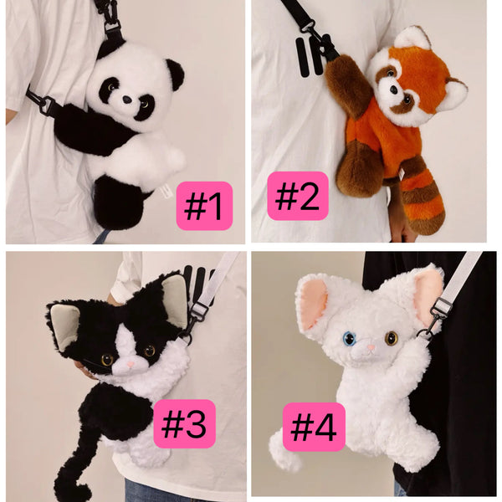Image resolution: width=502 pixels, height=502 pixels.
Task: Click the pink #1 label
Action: point(204,206)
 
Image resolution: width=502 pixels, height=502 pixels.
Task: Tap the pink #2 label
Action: point(298,196)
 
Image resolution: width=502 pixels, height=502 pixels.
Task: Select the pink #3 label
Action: point(184,423)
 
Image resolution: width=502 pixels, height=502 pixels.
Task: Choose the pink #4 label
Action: point(314,427)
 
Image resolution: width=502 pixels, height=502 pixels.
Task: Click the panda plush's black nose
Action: point(127,100)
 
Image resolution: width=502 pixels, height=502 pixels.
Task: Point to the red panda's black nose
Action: point(393,90)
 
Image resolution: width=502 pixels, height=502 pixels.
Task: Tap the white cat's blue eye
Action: point(348,339)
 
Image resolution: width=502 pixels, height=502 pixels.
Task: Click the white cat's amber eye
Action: point(392,338)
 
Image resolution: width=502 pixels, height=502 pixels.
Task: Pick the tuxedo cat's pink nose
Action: point(131,364)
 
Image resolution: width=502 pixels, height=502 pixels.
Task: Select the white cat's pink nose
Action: point(371,347)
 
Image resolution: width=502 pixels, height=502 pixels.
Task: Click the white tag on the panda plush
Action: point(166,192)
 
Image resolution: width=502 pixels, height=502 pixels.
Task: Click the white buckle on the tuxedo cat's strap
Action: point(199,309)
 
